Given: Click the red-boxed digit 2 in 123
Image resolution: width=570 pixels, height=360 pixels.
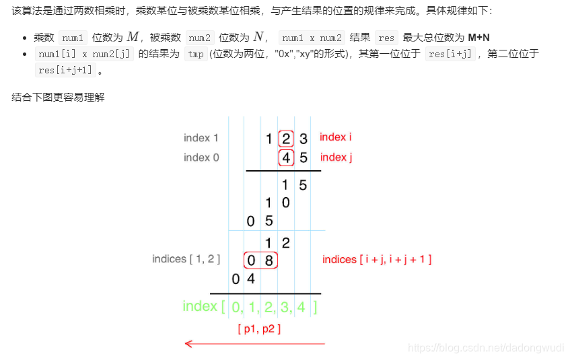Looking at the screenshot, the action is pyautogui.click(x=286, y=139).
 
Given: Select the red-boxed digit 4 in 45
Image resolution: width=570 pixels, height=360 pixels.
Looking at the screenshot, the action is pyautogui.click(x=286, y=158).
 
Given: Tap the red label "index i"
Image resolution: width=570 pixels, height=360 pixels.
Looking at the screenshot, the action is pyautogui.click(x=335, y=137).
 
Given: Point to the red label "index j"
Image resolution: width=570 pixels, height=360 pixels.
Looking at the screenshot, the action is pyautogui.click(x=336, y=157).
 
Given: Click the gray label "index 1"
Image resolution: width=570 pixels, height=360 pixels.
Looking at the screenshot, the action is pyautogui.click(x=201, y=138).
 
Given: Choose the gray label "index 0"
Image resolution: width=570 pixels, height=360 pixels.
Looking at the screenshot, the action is pyautogui.click(x=201, y=157).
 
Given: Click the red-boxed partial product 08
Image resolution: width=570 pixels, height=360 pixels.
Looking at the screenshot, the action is pyautogui.click(x=260, y=260).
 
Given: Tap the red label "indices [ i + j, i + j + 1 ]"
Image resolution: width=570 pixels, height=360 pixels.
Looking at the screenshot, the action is pyautogui.click(x=377, y=260).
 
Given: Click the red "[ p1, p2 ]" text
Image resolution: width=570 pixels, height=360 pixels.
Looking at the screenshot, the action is pyautogui.click(x=259, y=329).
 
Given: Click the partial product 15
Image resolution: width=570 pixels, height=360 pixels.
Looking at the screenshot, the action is pyautogui.click(x=294, y=185).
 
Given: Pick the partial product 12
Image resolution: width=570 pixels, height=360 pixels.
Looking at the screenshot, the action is pyautogui.click(x=277, y=242).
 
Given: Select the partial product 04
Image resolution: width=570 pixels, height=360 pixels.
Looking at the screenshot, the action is pyautogui.click(x=243, y=278).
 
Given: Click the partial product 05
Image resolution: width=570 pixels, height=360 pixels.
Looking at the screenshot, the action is pyautogui.click(x=260, y=221).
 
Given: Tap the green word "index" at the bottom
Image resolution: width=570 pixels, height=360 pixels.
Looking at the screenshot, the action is pyautogui.click(x=200, y=307).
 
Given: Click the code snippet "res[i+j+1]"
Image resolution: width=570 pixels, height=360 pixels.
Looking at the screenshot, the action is pyautogui.click(x=66, y=70).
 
